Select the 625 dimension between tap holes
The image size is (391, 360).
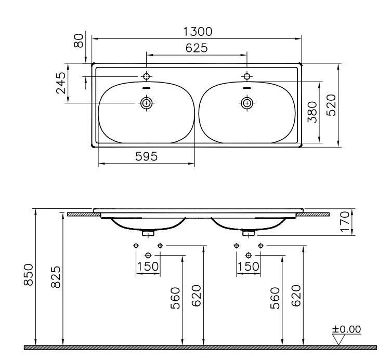[197, 48]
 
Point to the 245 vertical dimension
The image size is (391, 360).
[61, 83]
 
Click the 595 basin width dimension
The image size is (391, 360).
[147, 156]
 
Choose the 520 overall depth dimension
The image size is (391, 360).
[332, 104]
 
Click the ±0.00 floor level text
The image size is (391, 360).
[347, 329]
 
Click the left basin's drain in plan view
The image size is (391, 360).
[146, 103]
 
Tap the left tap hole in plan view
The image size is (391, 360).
[146, 76]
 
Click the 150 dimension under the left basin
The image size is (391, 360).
[148, 267]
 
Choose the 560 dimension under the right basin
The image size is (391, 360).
[276, 298]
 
